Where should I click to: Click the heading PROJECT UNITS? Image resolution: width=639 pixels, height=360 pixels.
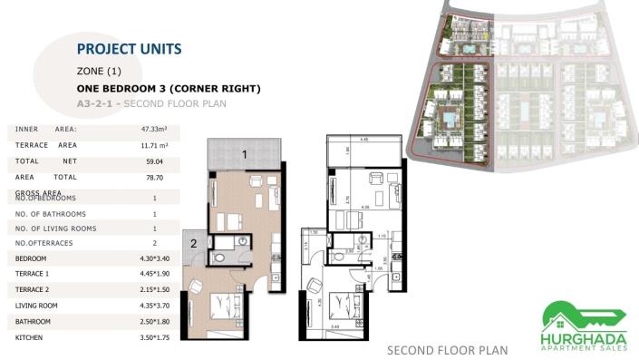[129, 49]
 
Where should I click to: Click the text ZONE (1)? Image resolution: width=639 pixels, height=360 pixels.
[99, 71]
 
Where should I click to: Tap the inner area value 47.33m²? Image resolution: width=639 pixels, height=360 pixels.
[155, 129]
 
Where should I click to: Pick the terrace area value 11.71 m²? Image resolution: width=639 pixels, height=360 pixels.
[155, 145]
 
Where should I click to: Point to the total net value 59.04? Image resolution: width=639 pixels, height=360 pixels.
[155, 161]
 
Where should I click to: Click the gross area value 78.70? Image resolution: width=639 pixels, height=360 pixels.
[155, 177]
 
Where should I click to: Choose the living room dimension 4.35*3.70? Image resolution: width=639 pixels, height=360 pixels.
[155, 306]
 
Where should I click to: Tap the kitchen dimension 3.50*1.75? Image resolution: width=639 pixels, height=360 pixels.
[155, 337]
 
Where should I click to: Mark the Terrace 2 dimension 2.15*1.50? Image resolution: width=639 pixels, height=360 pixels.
[155, 289]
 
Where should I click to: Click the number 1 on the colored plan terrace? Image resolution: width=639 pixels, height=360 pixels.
[244, 155]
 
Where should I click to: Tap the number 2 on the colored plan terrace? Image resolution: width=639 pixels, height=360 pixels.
[193, 243]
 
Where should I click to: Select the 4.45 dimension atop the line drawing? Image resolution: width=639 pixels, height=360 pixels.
[363, 140]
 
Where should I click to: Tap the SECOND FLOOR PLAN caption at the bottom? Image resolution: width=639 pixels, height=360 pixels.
[447, 350]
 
